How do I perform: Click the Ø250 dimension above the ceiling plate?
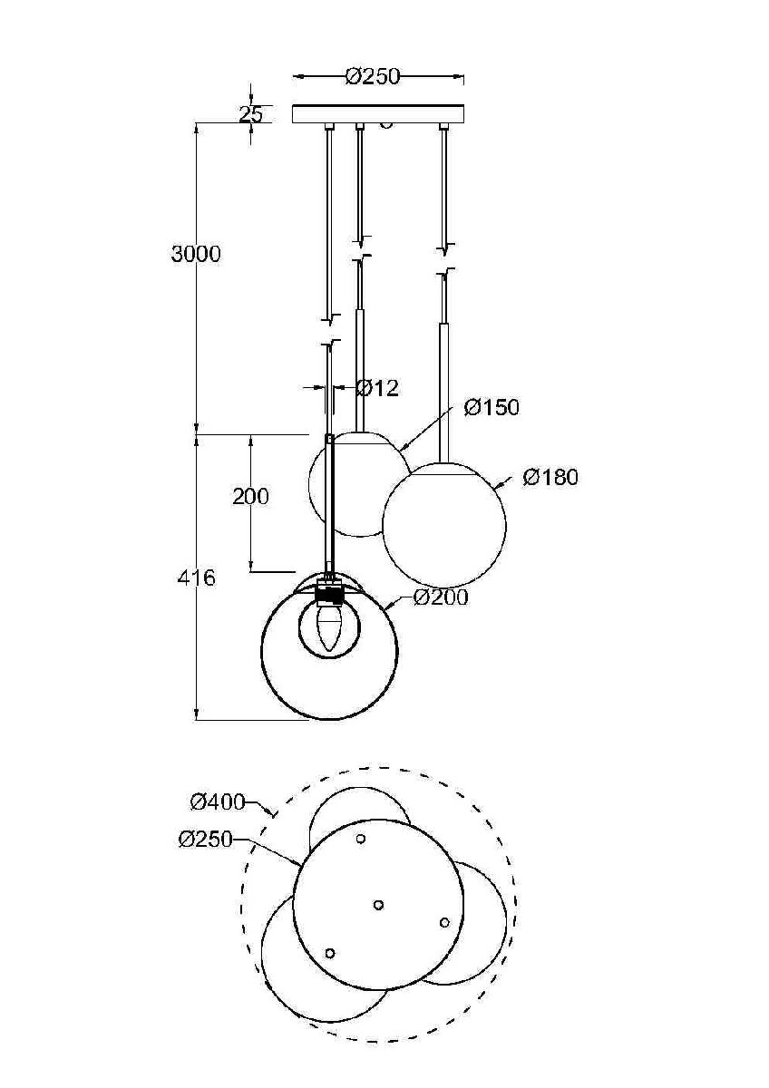tap(373, 77)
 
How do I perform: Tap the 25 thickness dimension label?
tap(250, 114)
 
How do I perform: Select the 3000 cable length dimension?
tap(196, 255)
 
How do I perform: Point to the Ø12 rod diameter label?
tap(377, 389)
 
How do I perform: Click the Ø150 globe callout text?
tap(492, 408)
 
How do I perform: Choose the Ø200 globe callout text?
tap(441, 597)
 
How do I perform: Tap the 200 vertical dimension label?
tap(250, 497)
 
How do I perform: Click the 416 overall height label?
tap(196, 578)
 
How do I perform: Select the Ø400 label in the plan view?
tap(218, 801)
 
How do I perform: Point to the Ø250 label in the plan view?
tap(206, 840)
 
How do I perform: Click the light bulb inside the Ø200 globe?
tap(329, 627)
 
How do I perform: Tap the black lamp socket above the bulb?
tap(329, 594)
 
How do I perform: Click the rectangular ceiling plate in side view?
tap(378, 114)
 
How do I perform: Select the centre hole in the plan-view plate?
tap(379, 904)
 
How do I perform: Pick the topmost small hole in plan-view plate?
tap(361, 839)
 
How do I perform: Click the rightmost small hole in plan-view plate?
tap(444, 922)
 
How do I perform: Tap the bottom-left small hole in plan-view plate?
tap(330, 953)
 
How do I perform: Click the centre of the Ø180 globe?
tap(443, 525)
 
